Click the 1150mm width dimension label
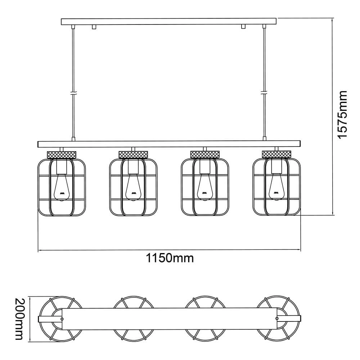coord(170,258)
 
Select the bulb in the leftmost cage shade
coord(61,187)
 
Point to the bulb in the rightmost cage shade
coord(276,187)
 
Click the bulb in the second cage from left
coord(133,187)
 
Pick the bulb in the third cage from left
coord(204,187)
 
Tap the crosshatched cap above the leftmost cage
coord(62,154)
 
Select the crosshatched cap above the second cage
coord(133,154)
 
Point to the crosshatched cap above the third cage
coord(204,154)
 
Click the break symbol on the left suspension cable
coord(73,93)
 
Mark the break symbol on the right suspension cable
coord(265,93)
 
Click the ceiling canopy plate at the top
coord(169,22)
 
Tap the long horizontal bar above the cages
coord(169,144)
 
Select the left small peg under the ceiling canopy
coord(94,27)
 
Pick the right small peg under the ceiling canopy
coord(244,27)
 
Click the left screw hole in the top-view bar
coord(62,319)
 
